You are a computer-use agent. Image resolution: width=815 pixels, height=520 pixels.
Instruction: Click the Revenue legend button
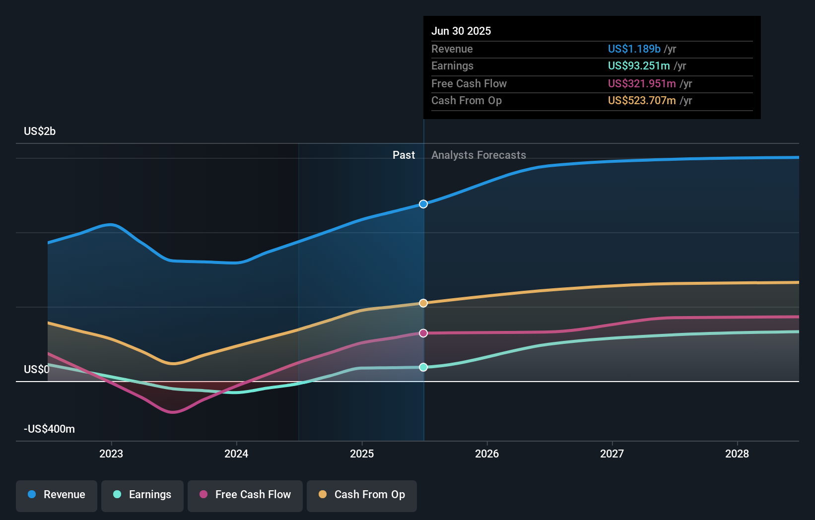click(57, 495)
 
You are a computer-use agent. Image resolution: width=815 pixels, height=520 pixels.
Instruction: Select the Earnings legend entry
click(142, 495)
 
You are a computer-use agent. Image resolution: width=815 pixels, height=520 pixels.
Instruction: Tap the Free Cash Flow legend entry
click(245, 495)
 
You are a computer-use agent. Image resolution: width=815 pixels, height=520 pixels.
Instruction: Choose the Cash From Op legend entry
click(362, 495)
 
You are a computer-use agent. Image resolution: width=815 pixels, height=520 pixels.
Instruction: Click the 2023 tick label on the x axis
click(111, 454)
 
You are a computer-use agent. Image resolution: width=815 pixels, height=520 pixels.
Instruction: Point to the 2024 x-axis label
click(236, 454)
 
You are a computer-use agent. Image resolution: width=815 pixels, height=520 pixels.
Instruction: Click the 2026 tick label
click(487, 454)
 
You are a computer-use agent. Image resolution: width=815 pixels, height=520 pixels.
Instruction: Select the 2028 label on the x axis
click(737, 454)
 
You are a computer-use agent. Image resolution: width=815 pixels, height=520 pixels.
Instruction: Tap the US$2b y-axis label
click(40, 131)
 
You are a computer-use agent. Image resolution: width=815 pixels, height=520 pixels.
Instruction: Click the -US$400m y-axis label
click(49, 429)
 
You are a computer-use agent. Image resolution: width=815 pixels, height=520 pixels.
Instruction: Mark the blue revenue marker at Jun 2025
click(423, 204)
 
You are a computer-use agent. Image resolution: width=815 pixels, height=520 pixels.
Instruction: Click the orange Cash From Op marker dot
click(423, 303)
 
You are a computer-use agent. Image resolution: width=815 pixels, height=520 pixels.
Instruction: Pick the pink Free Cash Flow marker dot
click(423, 333)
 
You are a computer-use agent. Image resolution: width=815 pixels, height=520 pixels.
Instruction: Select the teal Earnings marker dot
click(423, 367)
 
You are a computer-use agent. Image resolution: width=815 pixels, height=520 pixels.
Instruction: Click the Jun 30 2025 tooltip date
click(461, 31)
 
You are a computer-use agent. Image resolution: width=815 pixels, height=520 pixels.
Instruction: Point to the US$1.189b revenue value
click(634, 49)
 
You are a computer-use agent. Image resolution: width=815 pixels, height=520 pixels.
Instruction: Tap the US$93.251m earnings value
click(639, 65)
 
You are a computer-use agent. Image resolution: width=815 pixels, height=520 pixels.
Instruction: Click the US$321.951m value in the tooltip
click(642, 83)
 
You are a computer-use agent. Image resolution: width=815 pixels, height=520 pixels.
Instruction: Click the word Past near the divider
click(404, 155)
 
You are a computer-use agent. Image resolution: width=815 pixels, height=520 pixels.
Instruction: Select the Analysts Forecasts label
click(478, 155)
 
